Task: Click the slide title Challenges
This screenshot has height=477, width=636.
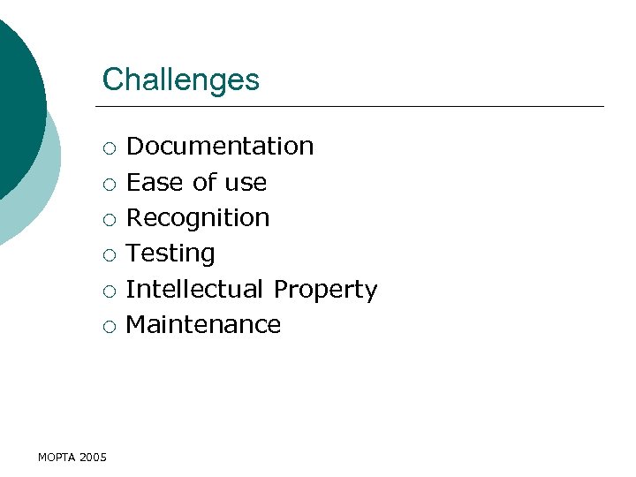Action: click(x=181, y=79)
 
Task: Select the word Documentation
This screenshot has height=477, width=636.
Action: click(x=220, y=146)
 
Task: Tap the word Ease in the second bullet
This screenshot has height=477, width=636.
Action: click(x=155, y=182)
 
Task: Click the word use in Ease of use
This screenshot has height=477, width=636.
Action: click(x=246, y=183)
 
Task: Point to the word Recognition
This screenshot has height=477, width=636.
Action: click(x=198, y=217)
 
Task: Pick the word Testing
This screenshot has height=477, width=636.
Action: click(x=170, y=254)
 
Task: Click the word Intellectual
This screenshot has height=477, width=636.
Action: click(x=195, y=289)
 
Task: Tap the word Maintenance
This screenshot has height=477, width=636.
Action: click(x=203, y=324)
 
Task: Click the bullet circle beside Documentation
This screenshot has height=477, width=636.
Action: click(x=108, y=148)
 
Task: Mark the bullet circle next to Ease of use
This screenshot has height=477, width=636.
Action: click(x=108, y=184)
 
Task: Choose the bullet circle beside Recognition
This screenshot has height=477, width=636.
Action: click(x=108, y=219)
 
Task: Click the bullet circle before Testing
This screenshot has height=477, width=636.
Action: click(x=108, y=254)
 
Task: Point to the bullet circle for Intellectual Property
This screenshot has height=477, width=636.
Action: click(x=108, y=291)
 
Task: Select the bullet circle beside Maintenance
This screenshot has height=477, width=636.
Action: click(x=108, y=326)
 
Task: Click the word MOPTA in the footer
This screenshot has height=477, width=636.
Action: click(x=57, y=457)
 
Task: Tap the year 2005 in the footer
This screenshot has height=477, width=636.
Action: click(x=93, y=457)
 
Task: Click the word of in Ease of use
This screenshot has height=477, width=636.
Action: click(x=204, y=182)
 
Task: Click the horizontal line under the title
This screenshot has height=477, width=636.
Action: click(x=353, y=107)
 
